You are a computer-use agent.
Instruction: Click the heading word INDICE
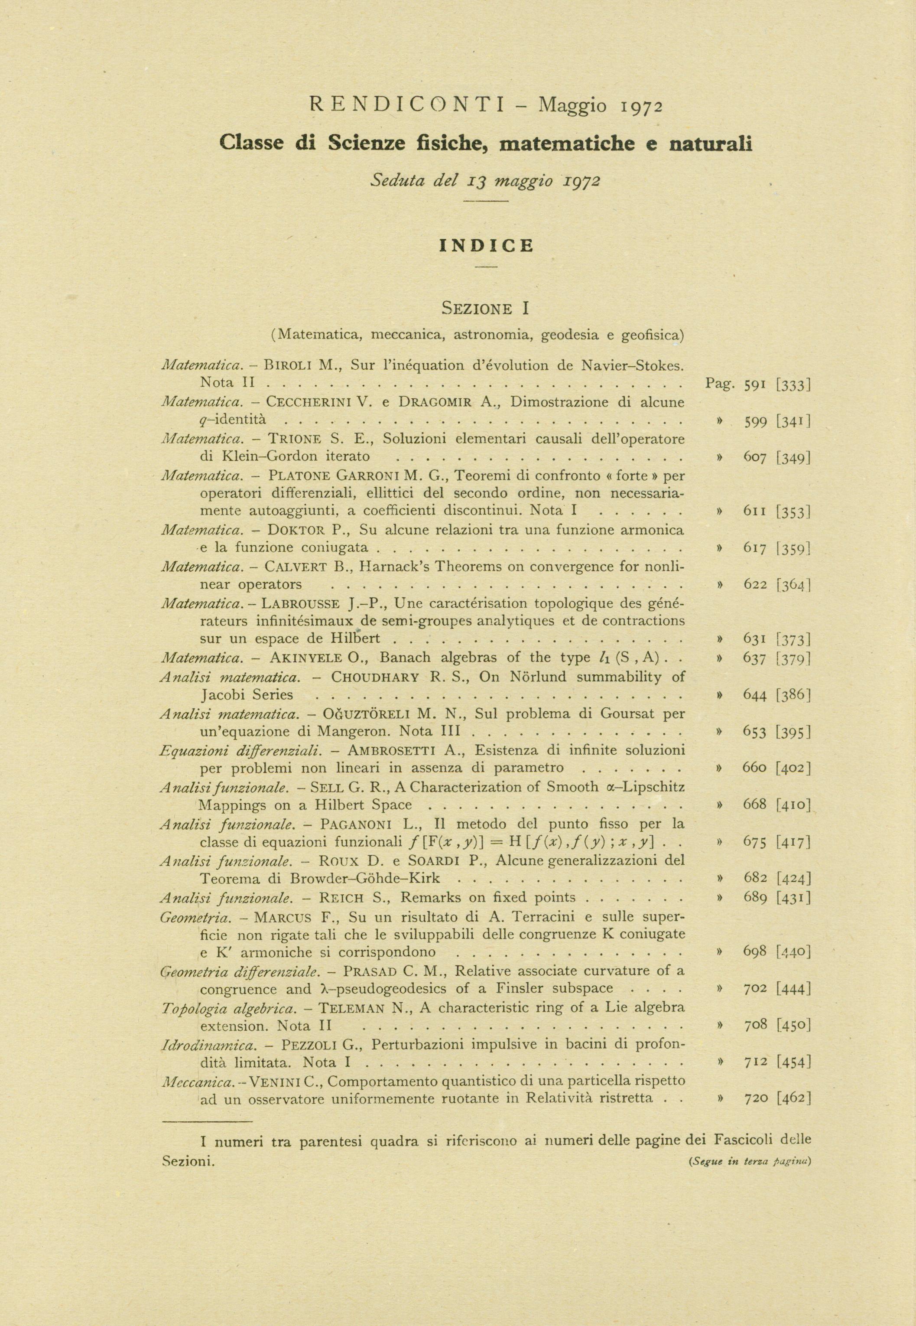coord(486,246)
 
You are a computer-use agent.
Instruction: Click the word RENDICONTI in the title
coord(406,105)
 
